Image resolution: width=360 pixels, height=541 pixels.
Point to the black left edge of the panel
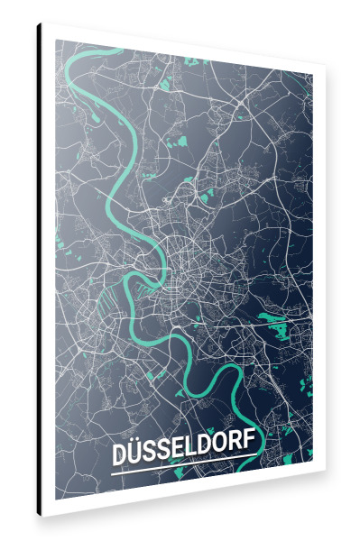(40, 270)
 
